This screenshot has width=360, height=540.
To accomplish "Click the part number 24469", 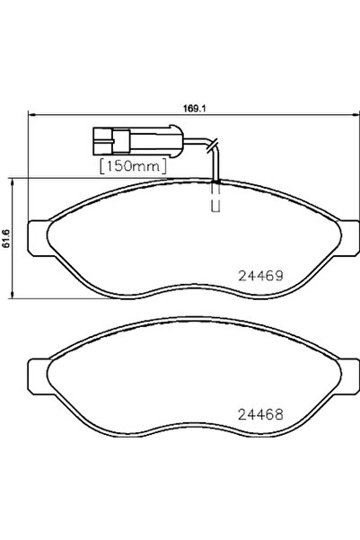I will point(260,278).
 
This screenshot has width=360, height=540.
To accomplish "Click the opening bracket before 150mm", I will point(100,165).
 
